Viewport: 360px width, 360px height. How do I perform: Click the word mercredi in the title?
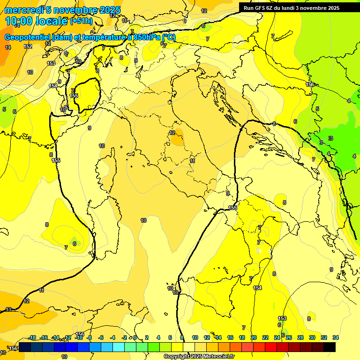23,10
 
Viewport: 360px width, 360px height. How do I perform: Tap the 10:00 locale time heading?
36,21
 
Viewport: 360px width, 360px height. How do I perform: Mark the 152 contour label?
28,46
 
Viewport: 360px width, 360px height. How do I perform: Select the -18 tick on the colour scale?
33,337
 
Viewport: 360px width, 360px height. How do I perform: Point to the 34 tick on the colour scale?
336,337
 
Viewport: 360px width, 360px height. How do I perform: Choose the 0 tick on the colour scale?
135,337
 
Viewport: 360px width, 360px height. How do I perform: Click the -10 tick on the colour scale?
79,337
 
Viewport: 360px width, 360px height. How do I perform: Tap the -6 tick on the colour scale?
101,337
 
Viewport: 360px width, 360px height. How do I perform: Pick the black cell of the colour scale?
330,347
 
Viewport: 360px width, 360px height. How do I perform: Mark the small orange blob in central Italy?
177,139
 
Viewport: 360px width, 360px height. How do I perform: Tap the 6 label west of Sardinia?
74,244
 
